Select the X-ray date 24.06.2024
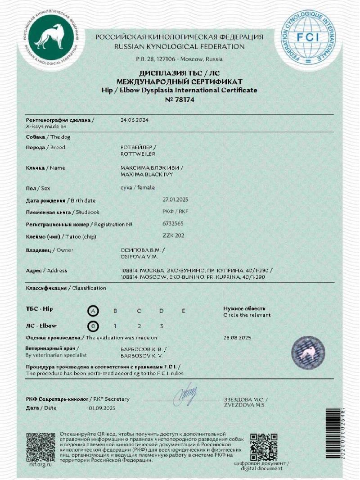tap(134, 121)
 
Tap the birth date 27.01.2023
tap(176, 199)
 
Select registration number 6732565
tap(173, 223)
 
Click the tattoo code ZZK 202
tap(173, 235)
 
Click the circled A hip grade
tap(92, 311)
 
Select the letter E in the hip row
tap(183, 311)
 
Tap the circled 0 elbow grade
tap(92, 326)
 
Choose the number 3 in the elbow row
tap(161, 326)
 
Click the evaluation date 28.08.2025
tap(237, 338)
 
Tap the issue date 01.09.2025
tap(103, 408)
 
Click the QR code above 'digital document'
tap(264, 446)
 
